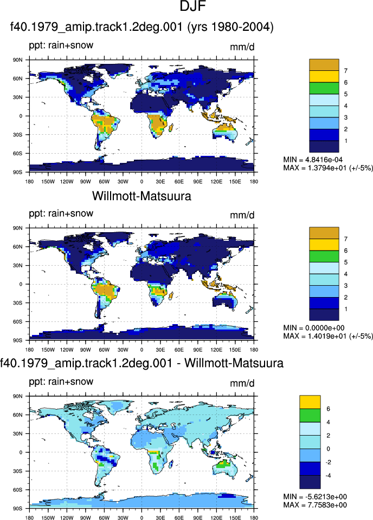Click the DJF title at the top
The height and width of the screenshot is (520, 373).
pos(193,6)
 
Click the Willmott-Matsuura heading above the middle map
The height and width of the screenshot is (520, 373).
pos(142,196)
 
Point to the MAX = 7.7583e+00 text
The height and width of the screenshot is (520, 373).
pos(315,505)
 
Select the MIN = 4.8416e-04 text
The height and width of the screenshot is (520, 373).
pos(313,160)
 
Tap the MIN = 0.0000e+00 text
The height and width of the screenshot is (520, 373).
pos(314,328)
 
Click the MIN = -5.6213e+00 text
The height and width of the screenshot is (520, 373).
pos(315,496)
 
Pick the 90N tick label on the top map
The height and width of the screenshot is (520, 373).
pos(17,60)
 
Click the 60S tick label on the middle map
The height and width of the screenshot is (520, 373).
pos(17,321)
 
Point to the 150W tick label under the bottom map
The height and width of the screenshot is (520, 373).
pos(48,518)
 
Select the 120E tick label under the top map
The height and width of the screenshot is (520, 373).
pos(216,181)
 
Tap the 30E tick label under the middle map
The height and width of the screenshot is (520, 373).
pos(160,350)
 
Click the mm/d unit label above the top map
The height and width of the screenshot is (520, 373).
pos(242,47)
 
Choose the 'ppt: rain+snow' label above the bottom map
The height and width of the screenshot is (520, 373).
pos(61,381)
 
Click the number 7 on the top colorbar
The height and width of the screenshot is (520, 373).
pos(346,71)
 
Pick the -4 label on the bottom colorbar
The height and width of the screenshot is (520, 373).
pos(329,476)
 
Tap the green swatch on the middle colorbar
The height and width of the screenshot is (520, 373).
pos(324,256)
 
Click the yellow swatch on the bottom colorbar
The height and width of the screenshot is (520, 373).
pos(310,402)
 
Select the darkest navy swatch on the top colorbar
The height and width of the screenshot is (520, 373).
pos(324,147)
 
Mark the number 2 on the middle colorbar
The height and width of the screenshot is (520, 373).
pos(346,298)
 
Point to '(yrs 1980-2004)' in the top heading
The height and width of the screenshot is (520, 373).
pos(230,27)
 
